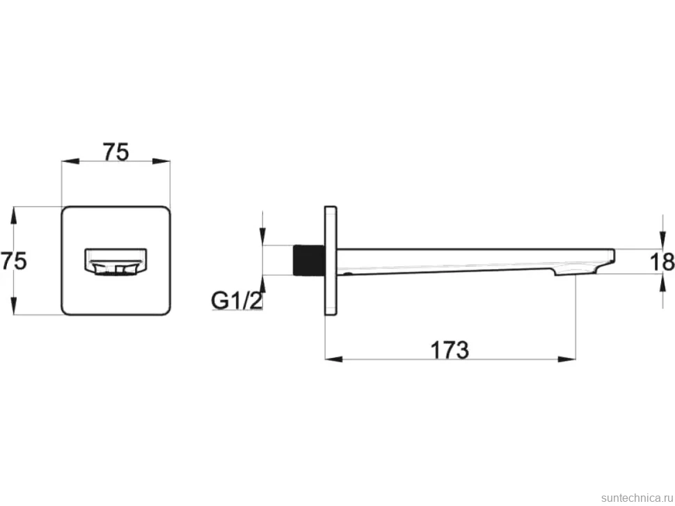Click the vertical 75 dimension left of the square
click(14, 261)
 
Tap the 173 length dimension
click(450, 350)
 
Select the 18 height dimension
click(662, 262)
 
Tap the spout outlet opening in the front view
click(116, 261)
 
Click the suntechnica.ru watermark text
click(637, 498)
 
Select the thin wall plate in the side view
click(331, 261)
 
